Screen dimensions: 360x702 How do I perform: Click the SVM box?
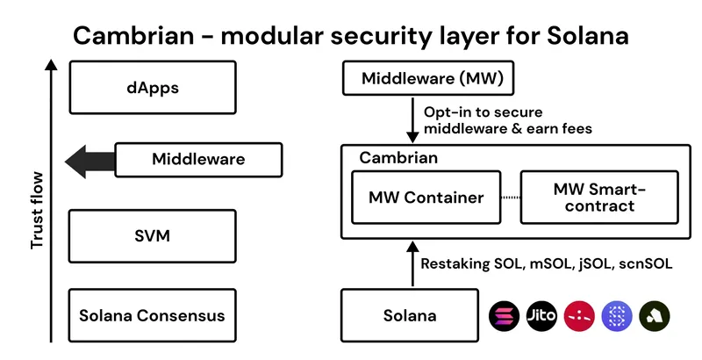[152, 236]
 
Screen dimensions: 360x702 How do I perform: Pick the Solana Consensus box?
[152, 315]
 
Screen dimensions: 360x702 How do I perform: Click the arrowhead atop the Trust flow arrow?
[51, 66]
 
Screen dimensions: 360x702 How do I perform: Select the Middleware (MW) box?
[420, 79]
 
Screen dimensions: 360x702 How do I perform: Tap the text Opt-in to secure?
[483, 112]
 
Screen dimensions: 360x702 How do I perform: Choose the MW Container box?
[426, 198]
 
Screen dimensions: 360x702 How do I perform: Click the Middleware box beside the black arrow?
[198, 160]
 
